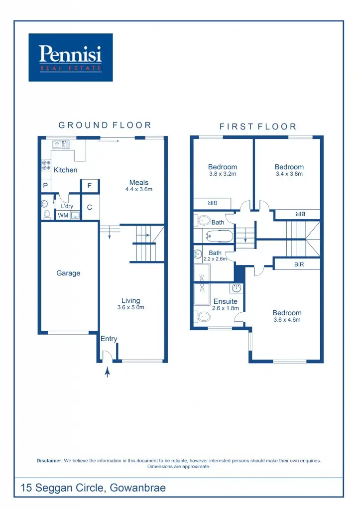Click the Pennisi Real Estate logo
coord(71,57)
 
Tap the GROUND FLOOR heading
coord(105,126)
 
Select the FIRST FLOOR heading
coord(258,127)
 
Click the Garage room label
coord(68,273)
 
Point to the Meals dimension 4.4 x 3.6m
coord(138,189)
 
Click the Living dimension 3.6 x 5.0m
coord(130,307)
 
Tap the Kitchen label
coord(65,170)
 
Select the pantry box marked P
coord(45,186)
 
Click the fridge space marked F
coord(90,186)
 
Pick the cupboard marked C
coord(90,207)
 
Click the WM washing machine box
coord(63,215)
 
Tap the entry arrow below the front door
coord(107,372)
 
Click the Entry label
coord(109,339)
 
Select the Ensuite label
coord(226,301)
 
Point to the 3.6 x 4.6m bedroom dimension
coord(287,320)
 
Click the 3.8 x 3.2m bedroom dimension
coord(223,174)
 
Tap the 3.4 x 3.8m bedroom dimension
coord(289,174)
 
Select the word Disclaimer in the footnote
coord(49,461)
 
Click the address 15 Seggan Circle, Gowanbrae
coord(93,488)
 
